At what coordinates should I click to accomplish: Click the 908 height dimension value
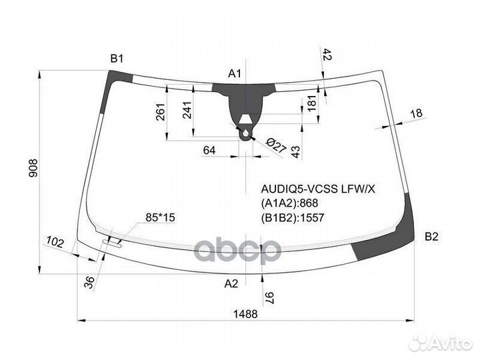pyautogui.click(x=33, y=168)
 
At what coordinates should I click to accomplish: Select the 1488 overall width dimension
pyautogui.click(x=245, y=314)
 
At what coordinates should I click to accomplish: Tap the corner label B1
pyautogui.click(x=117, y=58)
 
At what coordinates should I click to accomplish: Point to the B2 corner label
pyautogui.click(x=431, y=236)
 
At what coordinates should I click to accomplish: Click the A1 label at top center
pyautogui.click(x=235, y=73)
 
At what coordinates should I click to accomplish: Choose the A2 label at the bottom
pyautogui.click(x=231, y=284)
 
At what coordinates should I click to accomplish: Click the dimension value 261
pyautogui.click(x=161, y=112)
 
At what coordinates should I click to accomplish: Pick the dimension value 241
pyautogui.click(x=187, y=110)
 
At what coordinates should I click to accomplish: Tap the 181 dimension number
pyautogui.click(x=311, y=103)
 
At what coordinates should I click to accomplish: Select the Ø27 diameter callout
pyautogui.click(x=276, y=145)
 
